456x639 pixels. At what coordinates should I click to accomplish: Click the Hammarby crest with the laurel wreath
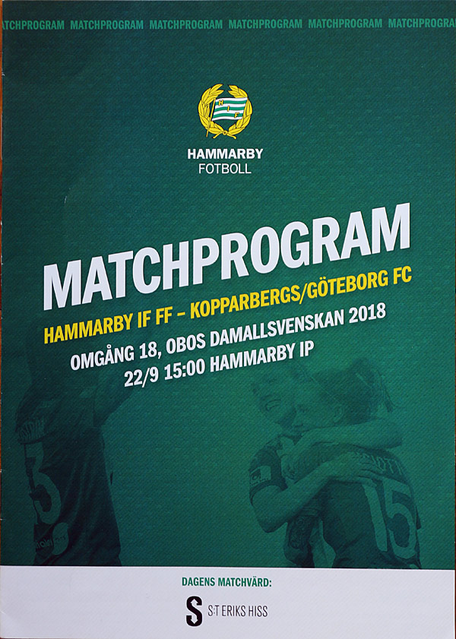pyautogui.click(x=225, y=111)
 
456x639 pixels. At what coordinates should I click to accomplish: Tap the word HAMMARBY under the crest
pyautogui.click(x=225, y=154)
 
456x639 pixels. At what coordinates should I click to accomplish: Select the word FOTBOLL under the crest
pyautogui.click(x=225, y=169)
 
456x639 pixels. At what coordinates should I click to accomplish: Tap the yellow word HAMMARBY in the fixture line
pyautogui.click(x=88, y=328)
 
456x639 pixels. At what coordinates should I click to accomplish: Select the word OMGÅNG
pyautogui.click(x=103, y=356)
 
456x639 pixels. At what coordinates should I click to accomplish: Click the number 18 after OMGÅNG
pyautogui.click(x=147, y=350)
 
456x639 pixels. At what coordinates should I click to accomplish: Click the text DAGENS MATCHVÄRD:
pyautogui.click(x=226, y=582)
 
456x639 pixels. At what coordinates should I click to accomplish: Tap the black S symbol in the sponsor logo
pyautogui.click(x=194, y=611)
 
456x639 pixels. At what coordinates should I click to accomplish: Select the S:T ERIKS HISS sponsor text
pyautogui.click(x=238, y=612)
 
